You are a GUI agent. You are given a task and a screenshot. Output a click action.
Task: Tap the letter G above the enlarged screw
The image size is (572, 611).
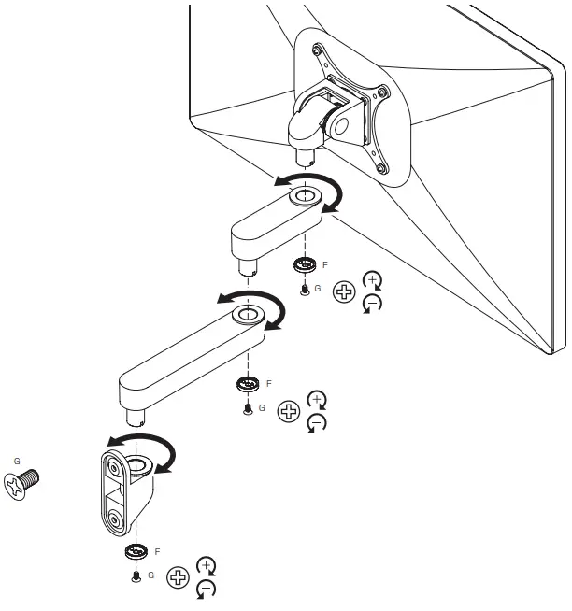click(16, 461)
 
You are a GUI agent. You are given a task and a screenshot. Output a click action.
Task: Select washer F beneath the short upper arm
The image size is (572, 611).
click(303, 266)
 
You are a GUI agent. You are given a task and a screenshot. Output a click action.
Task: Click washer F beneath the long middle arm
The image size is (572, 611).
click(248, 385)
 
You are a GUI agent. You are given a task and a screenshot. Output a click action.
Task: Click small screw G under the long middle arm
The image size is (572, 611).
click(248, 408)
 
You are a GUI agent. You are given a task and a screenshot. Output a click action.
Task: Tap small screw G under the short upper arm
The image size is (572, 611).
click(304, 290)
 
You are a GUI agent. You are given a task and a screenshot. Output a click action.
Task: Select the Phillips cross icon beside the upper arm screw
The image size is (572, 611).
click(345, 293)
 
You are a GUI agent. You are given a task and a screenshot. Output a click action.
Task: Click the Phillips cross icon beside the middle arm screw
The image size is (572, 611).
click(289, 411)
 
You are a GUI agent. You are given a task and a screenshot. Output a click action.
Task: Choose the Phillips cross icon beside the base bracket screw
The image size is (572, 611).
click(177, 577)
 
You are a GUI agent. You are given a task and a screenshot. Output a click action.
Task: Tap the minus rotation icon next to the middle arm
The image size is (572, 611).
click(317, 424)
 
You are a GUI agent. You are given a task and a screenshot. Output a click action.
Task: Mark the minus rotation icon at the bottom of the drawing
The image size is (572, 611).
click(207, 589)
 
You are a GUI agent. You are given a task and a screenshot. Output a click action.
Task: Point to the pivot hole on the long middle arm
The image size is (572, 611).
click(247, 314)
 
